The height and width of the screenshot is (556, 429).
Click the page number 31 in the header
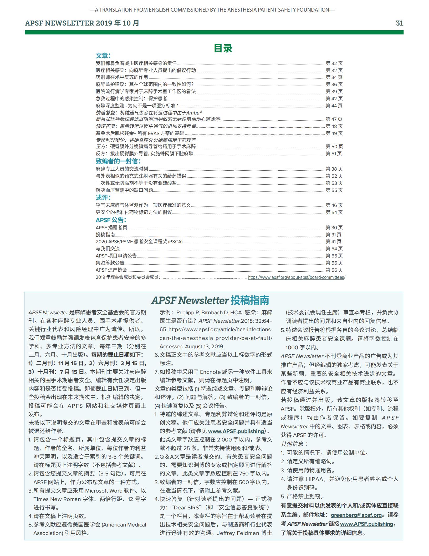point(399,23)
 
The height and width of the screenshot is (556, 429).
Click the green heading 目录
point(223,48)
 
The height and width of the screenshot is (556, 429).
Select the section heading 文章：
point(103,56)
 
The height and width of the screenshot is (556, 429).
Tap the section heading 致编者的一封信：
point(118,161)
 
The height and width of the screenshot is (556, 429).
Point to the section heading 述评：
point(103,197)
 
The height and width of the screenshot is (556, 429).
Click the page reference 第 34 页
point(334,77)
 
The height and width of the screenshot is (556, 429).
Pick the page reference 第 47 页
point(334,119)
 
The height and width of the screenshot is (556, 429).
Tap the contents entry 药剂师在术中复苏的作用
point(122,77)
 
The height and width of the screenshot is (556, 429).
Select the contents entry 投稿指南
point(105,235)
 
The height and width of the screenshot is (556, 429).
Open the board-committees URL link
point(297,277)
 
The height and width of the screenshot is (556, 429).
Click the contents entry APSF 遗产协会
point(111,270)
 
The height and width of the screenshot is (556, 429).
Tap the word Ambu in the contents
point(193,113)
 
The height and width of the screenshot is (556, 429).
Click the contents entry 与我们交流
point(108,249)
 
